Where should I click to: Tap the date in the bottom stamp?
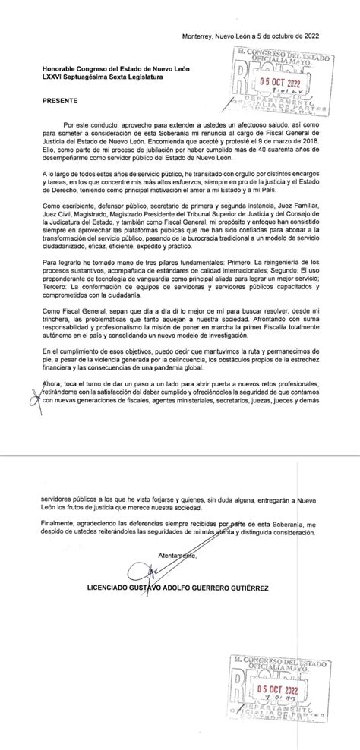point(280,689)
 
